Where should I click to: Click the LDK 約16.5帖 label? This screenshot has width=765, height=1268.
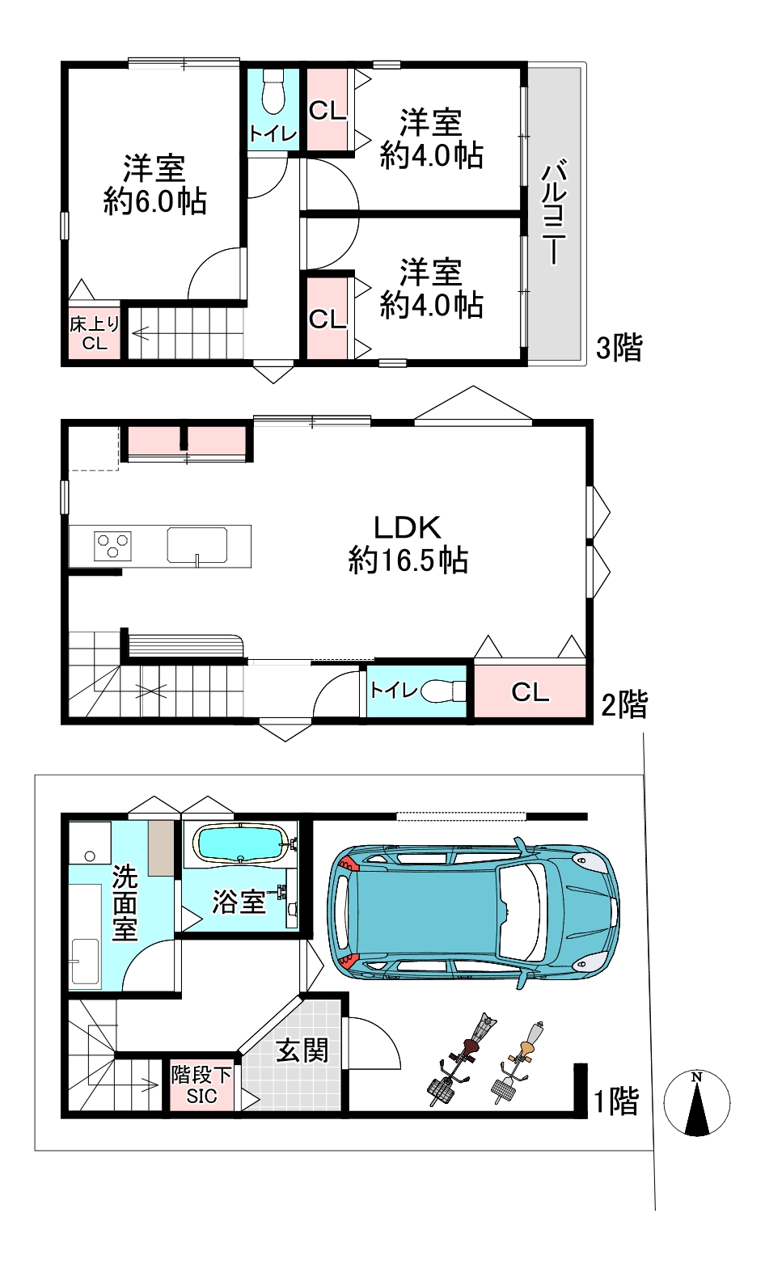tap(408, 544)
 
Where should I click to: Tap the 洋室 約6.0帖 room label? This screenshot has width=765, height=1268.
tap(154, 184)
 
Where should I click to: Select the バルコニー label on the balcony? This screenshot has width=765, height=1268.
tap(555, 213)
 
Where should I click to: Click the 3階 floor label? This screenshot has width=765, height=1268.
tap(619, 348)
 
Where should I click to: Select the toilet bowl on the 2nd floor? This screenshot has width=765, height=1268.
tap(441, 691)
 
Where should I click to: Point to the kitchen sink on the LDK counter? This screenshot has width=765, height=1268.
tap(197, 545)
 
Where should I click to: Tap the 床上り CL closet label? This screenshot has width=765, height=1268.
tap(95, 333)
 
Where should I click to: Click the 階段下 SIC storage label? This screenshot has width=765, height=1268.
tap(201, 1085)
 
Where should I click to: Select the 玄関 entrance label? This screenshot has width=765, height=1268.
tap(302, 1051)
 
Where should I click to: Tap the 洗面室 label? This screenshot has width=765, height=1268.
tap(125, 902)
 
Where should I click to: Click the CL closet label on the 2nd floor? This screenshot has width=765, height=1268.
tap(530, 691)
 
